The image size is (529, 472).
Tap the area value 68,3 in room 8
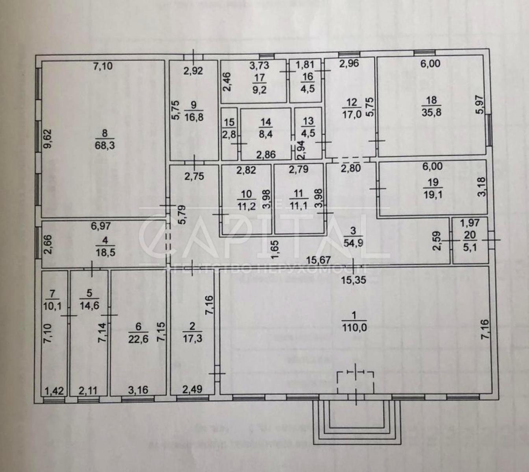point(105,146)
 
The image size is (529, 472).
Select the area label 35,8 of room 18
point(431,112)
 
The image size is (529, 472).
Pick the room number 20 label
point(470,235)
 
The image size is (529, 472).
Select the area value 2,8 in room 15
point(229,134)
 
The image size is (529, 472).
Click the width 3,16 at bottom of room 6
point(138,390)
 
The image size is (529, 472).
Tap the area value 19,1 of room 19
point(432,194)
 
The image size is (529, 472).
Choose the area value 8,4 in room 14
point(265,134)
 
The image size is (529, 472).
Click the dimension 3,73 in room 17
point(259,66)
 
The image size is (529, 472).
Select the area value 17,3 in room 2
point(192,338)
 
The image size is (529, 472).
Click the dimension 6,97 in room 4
point(101,226)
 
